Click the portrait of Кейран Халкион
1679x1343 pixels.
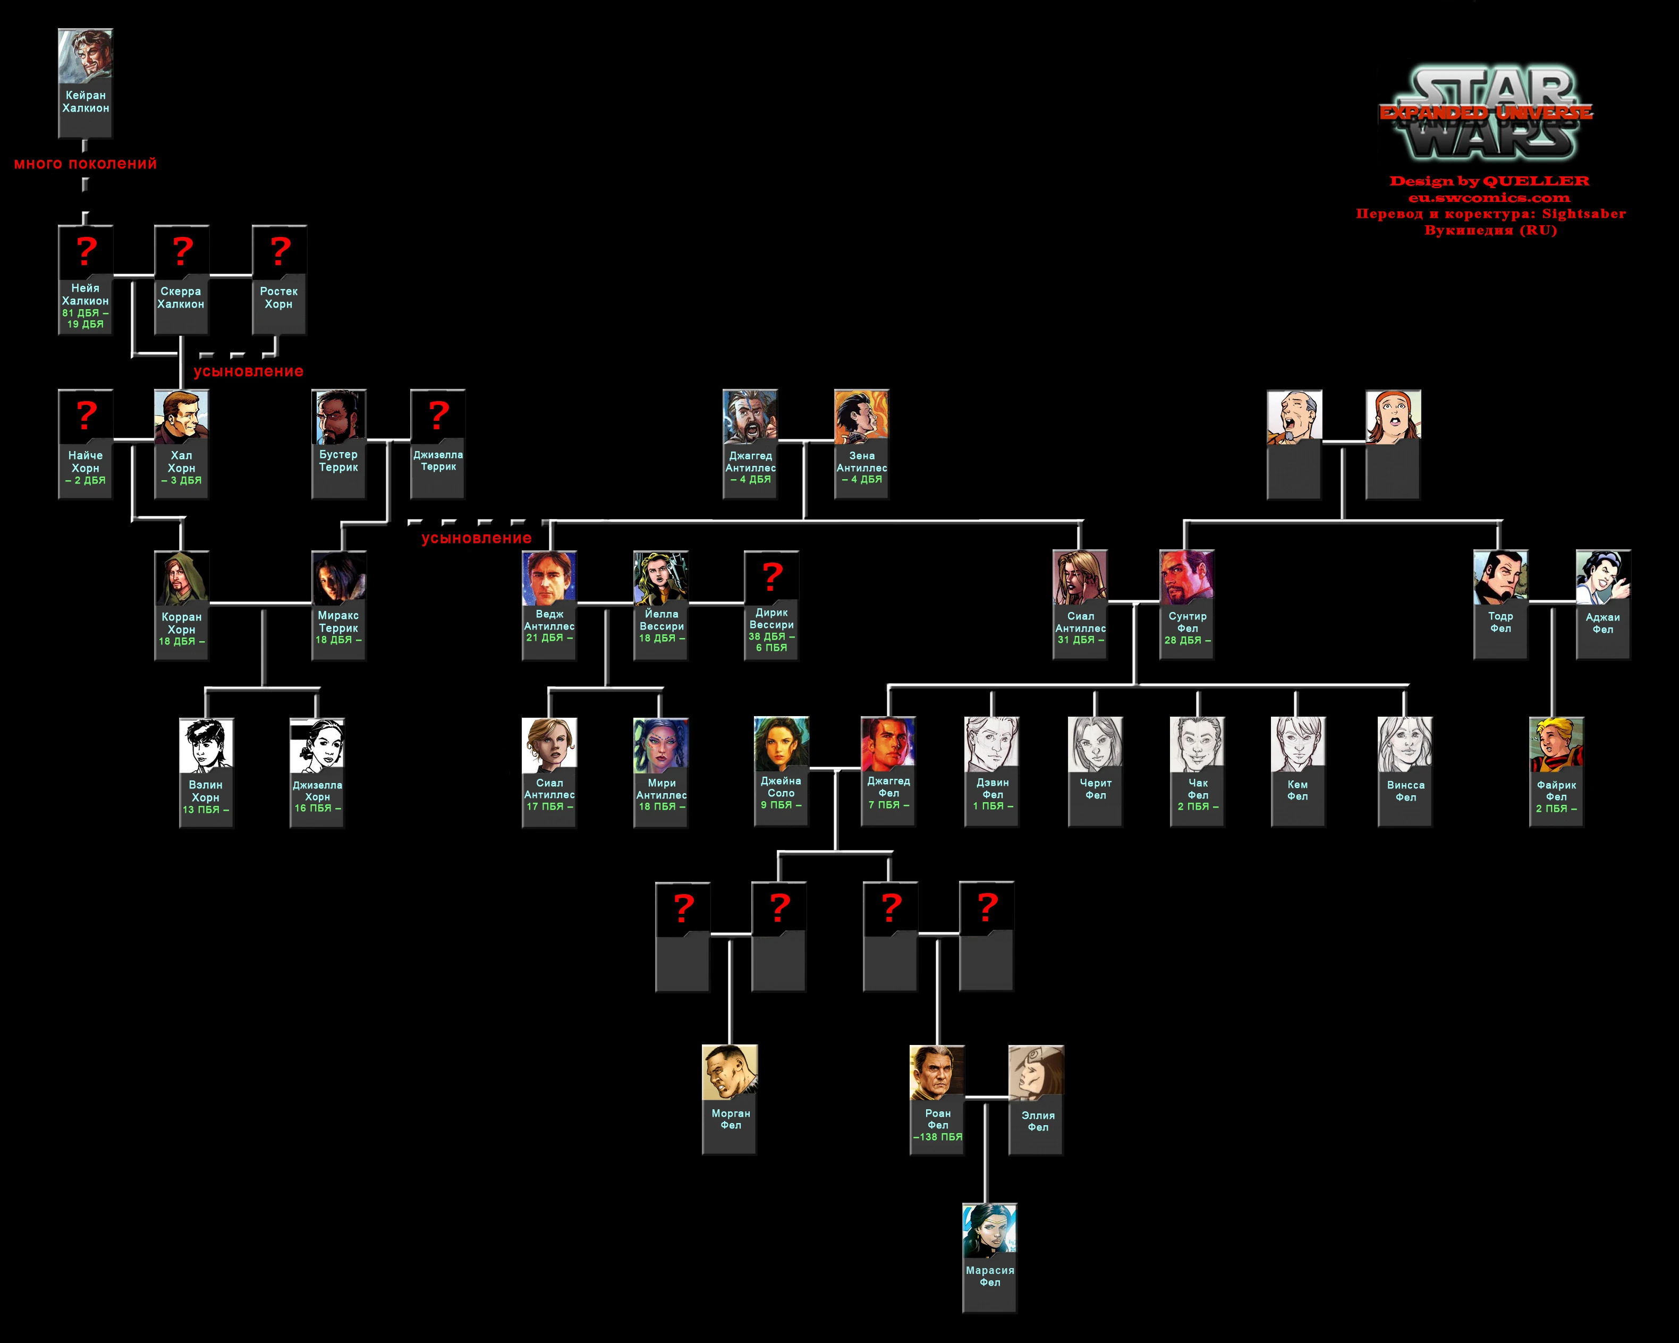tap(86, 56)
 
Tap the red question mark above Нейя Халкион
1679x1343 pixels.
tap(86, 251)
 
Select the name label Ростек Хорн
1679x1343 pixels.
tap(279, 297)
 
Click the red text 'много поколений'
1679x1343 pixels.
tap(86, 164)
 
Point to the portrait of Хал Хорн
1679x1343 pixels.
tap(182, 416)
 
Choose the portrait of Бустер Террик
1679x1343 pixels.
tap(339, 416)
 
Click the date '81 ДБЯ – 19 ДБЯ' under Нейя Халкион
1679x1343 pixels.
tap(86, 318)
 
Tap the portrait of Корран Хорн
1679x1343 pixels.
tap(182, 577)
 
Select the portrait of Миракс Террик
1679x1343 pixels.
tap(339, 577)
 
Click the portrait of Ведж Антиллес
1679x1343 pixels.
tap(549, 577)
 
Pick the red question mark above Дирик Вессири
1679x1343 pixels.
tap(771, 576)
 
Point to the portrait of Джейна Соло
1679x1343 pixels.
tap(781, 744)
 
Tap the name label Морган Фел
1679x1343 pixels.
tap(731, 1119)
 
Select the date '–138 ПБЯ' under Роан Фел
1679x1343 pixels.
tap(938, 1137)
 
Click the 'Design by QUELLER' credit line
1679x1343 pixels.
tap(1489, 181)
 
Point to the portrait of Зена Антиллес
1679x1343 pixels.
tap(861, 416)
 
